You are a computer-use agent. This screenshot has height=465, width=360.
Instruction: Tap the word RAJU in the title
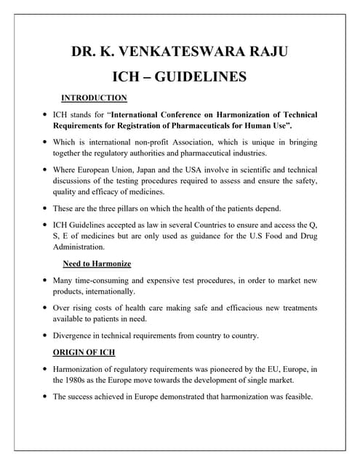[x=268, y=52]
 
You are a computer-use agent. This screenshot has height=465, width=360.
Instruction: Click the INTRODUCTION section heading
[x=94, y=98]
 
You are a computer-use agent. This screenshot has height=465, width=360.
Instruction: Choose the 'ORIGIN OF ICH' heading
[x=84, y=352]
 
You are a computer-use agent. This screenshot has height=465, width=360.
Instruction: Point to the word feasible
[x=297, y=397]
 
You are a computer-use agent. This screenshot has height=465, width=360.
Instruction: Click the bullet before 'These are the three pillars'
[x=45, y=208]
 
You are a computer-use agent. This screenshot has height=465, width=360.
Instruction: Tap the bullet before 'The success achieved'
[x=45, y=397]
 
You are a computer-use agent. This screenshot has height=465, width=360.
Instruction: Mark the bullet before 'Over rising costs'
[x=45, y=308]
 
